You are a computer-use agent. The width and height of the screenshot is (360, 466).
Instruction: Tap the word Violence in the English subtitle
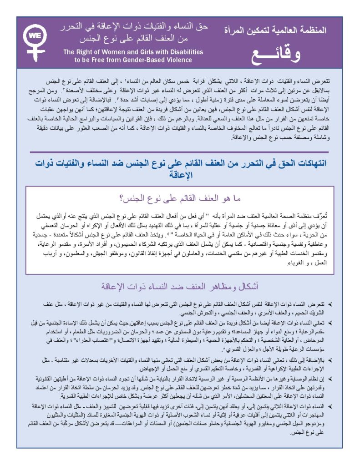pos(177,60)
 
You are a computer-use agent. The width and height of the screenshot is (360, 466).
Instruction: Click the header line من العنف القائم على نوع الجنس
pos(136,38)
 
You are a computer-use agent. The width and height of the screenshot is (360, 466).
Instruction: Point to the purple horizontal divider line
pos(180,152)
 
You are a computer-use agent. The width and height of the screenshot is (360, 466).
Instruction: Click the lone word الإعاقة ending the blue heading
pos(180,175)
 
